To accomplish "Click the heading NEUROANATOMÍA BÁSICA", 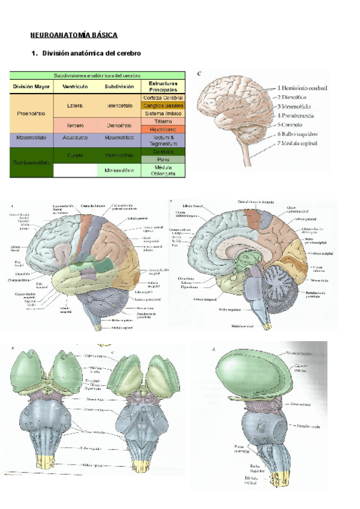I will coord(74,35).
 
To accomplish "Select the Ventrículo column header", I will coord(75,86).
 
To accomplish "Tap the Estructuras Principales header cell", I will coord(163,86).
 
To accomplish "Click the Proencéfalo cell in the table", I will coord(31,113).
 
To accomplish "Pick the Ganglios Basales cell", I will coord(163,105).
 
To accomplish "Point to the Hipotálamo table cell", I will coord(163,129).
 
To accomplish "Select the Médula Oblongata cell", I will coord(163,170).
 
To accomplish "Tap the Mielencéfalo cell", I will coord(119,170).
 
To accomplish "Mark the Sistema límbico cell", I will coord(163,113).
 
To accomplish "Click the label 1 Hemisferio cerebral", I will coord(302,88).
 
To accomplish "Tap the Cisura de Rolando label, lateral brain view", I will coord(90,205).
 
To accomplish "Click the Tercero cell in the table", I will coord(75,125).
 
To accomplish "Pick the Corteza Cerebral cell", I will coord(163,97).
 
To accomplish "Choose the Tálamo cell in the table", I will coord(163,121).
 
